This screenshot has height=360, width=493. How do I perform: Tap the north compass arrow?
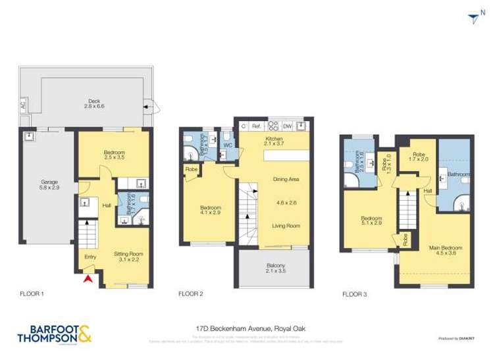point(471,20)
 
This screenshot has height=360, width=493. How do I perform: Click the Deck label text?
point(94,103)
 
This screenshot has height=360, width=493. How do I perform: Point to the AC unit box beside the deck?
point(22,105)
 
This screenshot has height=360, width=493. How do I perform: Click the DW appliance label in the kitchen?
point(288,126)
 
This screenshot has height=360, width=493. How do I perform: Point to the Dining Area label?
point(286,179)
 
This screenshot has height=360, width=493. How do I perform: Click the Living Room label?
point(286,226)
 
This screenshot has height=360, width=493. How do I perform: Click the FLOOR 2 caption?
point(191,294)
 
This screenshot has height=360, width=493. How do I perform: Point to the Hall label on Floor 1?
point(106,205)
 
